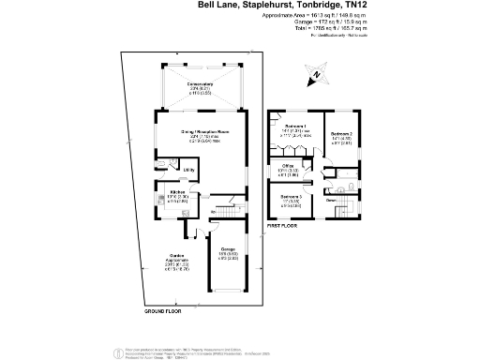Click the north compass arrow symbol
(x=318, y=74)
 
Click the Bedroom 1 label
(x=296, y=127)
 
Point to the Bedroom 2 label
(x=342, y=134)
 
